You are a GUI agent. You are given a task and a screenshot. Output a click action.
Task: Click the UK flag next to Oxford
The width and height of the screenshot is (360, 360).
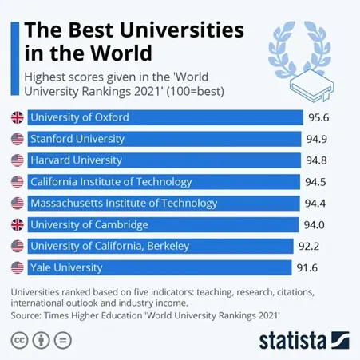pyautogui.click(x=16, y=117)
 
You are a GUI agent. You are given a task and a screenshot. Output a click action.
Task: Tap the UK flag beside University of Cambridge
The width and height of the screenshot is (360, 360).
pyautogui.click(x=16, y=224)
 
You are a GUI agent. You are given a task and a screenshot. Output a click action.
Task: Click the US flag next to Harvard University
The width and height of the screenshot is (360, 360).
pyautogui.click(x=16, y=160)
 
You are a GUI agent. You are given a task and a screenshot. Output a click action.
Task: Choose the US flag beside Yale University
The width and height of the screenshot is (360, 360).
pyautogui.click(x=16, y=267)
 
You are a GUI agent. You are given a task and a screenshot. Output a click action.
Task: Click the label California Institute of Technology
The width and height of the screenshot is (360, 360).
pyautogui.click(x=111, y=182)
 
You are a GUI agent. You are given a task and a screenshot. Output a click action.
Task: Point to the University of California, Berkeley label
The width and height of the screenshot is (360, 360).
pyautogui.click(x=110, y=246)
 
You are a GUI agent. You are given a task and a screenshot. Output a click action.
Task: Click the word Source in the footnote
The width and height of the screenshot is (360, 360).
pyautogui.click(x=28, y=316)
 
